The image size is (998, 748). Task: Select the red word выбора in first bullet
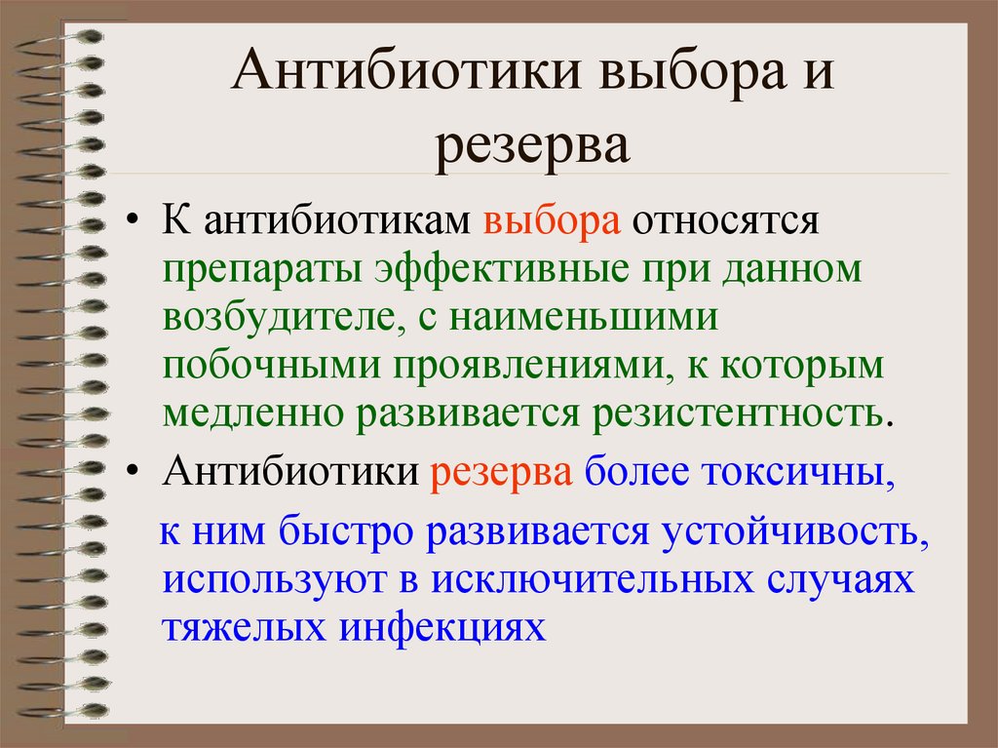(552, 221)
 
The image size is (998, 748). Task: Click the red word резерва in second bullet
(501, 472)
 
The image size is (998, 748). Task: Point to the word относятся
(722, 221)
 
